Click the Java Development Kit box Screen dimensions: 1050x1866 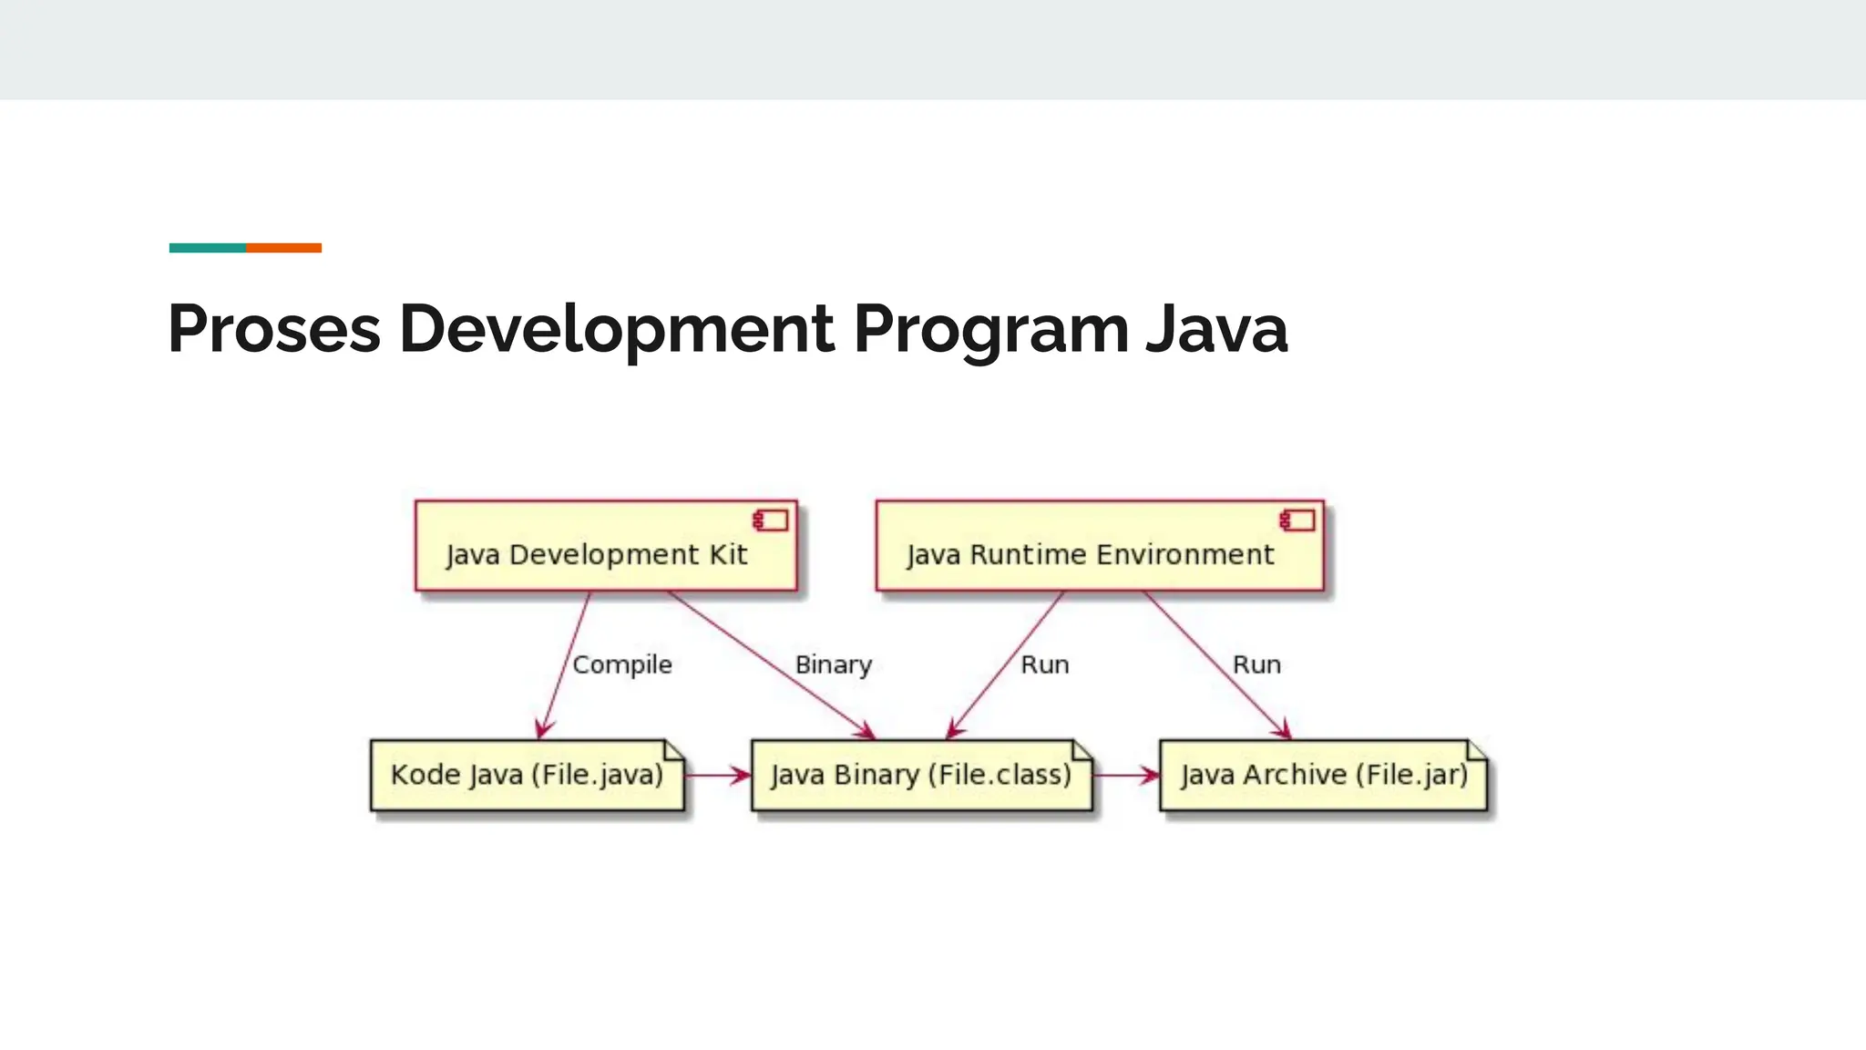pos(606,546)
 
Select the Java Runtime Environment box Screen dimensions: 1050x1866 pos(1100,546)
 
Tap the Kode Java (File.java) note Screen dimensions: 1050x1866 pos(527,776)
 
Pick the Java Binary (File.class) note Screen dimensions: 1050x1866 pos(921,776)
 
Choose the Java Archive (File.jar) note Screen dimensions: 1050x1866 pos(1323,776)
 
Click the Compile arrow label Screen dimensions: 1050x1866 pos(622,664)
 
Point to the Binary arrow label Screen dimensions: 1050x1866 pos(834,664)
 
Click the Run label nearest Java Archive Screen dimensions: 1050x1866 pos(1256,664)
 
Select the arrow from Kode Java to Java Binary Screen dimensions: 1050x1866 pos(718,776)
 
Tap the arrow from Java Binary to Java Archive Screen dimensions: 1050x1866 pos(1126,776)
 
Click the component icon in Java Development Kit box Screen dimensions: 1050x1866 pos(771,520)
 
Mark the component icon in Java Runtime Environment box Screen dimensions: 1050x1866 pos(1297,520)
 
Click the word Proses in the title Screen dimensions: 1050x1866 pos(274,328)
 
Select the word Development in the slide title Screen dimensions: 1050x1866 pos(616,328)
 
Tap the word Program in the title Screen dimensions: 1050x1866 pos(990,328)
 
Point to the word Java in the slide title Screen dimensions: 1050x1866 pos(1216,328)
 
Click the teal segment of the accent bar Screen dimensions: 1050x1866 pos(208,248)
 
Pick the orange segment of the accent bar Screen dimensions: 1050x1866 pos(283,248)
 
